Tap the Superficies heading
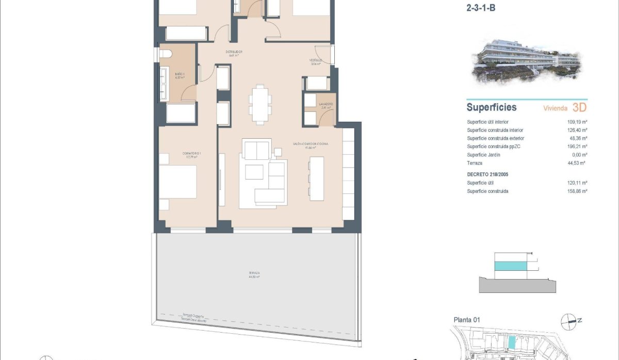click(x=491, y=108)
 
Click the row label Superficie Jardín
click(x=484, y=155)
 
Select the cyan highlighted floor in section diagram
click(x=511, y=266)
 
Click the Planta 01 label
click(x=466, y=320)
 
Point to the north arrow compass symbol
click(x=569, y=321)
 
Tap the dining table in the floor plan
click(x=258, y=104)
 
